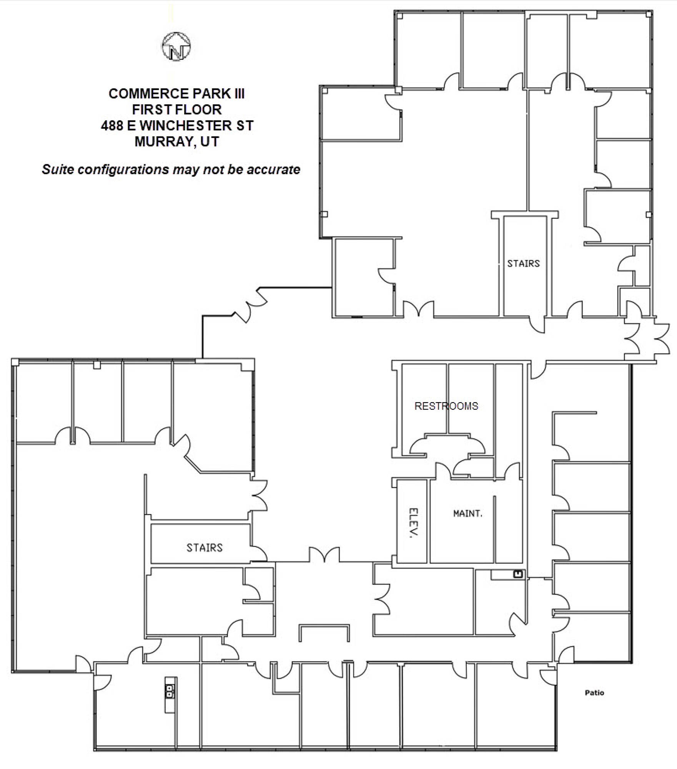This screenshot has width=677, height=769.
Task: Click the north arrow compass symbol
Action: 176,46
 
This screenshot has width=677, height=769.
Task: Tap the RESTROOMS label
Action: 446,406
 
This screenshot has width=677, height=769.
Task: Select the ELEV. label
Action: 413,523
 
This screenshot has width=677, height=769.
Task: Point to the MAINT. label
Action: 467,513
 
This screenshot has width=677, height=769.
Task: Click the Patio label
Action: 594,692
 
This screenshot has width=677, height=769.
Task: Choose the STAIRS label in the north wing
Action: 523,263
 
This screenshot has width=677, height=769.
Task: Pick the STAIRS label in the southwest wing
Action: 205,548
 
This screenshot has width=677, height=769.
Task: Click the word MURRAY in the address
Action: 163,141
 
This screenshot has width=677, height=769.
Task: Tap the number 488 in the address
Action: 112,125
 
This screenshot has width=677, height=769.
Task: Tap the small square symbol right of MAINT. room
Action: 519,574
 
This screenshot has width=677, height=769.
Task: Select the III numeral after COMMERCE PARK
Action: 238,93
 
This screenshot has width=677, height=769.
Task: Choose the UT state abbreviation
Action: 210,141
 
